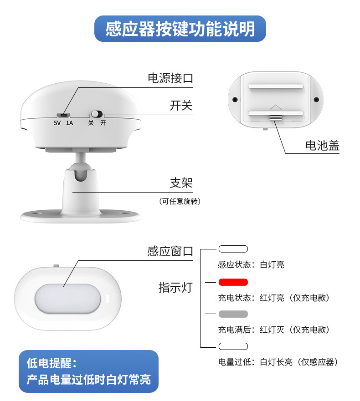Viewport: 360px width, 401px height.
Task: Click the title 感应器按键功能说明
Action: [x=180, y=29]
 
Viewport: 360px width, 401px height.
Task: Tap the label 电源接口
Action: [x=170, y=78]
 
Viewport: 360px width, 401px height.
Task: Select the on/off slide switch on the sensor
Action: [x=97, y=114]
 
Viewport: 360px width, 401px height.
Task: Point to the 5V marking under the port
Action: [x=57, y=123]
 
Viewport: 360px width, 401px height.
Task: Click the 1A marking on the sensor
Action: [x=69, y=123]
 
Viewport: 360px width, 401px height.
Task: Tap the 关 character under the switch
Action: [x=91, y=123]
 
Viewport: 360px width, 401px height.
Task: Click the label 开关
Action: [x=181, y=106]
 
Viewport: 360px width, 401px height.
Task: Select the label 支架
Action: [x=181, y=183]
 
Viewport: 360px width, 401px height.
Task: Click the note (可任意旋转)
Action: [x=180, y=202]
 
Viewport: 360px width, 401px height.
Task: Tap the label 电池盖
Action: [x=322, y=146]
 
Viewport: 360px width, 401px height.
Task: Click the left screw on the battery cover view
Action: [x=235, y=100]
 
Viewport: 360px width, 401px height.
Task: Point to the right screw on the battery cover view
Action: [x=316, y=100]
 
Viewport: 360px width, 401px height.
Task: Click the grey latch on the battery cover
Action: [x=276, y=117]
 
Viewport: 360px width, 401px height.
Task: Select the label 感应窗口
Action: [x=170, y=251]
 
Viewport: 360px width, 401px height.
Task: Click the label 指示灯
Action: [x=175, y=288]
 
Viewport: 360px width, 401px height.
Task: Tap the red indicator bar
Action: [x=233, y=282]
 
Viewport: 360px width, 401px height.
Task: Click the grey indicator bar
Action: [x=233, y=314]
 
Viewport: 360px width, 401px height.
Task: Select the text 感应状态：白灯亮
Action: [x=251, y=264]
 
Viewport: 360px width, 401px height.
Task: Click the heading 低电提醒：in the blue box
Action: [x=51, y=363]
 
